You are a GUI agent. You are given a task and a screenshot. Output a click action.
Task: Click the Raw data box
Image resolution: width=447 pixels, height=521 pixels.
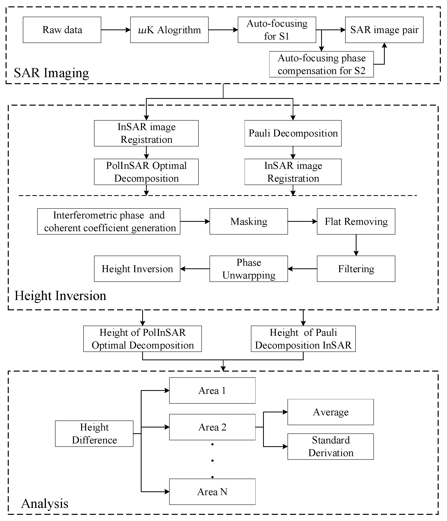point(62,30)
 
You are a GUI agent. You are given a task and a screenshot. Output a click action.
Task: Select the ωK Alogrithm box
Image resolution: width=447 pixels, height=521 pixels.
point(169,30)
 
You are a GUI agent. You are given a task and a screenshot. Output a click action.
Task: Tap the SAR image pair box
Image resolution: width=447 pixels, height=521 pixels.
point(384,30)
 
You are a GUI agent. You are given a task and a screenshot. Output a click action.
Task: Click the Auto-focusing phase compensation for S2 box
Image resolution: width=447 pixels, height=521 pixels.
point(321,64)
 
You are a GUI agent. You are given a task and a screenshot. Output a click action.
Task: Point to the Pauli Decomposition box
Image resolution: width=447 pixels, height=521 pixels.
point(293,133)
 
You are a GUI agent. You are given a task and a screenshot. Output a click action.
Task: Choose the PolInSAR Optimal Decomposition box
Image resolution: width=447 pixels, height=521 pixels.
point(146,172)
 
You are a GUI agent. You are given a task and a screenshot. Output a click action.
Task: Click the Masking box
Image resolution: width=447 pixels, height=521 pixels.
point(248,222)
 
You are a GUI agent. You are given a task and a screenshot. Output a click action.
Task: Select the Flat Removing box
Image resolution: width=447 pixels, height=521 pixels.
point(356,222)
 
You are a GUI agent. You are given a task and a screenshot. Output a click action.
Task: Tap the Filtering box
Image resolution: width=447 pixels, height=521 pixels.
point(356,269)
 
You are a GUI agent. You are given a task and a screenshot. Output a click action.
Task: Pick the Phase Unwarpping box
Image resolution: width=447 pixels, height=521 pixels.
point(248,269)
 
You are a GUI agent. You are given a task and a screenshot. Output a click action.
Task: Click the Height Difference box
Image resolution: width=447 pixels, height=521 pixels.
point(94,433)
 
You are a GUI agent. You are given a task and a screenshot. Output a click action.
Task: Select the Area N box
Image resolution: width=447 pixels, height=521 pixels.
point(212,492)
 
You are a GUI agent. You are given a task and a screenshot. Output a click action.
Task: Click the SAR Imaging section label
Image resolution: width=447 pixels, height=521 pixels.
point(51,73)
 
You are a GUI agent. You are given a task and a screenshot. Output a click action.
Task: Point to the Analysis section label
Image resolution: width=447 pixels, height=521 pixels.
point(45,504)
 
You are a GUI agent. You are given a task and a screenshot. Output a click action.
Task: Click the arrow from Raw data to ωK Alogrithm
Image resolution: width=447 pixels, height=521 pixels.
point(116,30)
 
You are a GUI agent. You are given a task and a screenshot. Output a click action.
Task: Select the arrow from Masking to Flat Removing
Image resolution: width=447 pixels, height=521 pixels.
point(302,222)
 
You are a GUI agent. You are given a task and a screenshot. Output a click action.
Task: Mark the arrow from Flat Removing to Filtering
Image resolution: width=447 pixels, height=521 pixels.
point(356,245)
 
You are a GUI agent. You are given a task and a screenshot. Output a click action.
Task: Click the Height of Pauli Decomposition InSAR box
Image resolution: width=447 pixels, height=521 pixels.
point(303,339)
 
